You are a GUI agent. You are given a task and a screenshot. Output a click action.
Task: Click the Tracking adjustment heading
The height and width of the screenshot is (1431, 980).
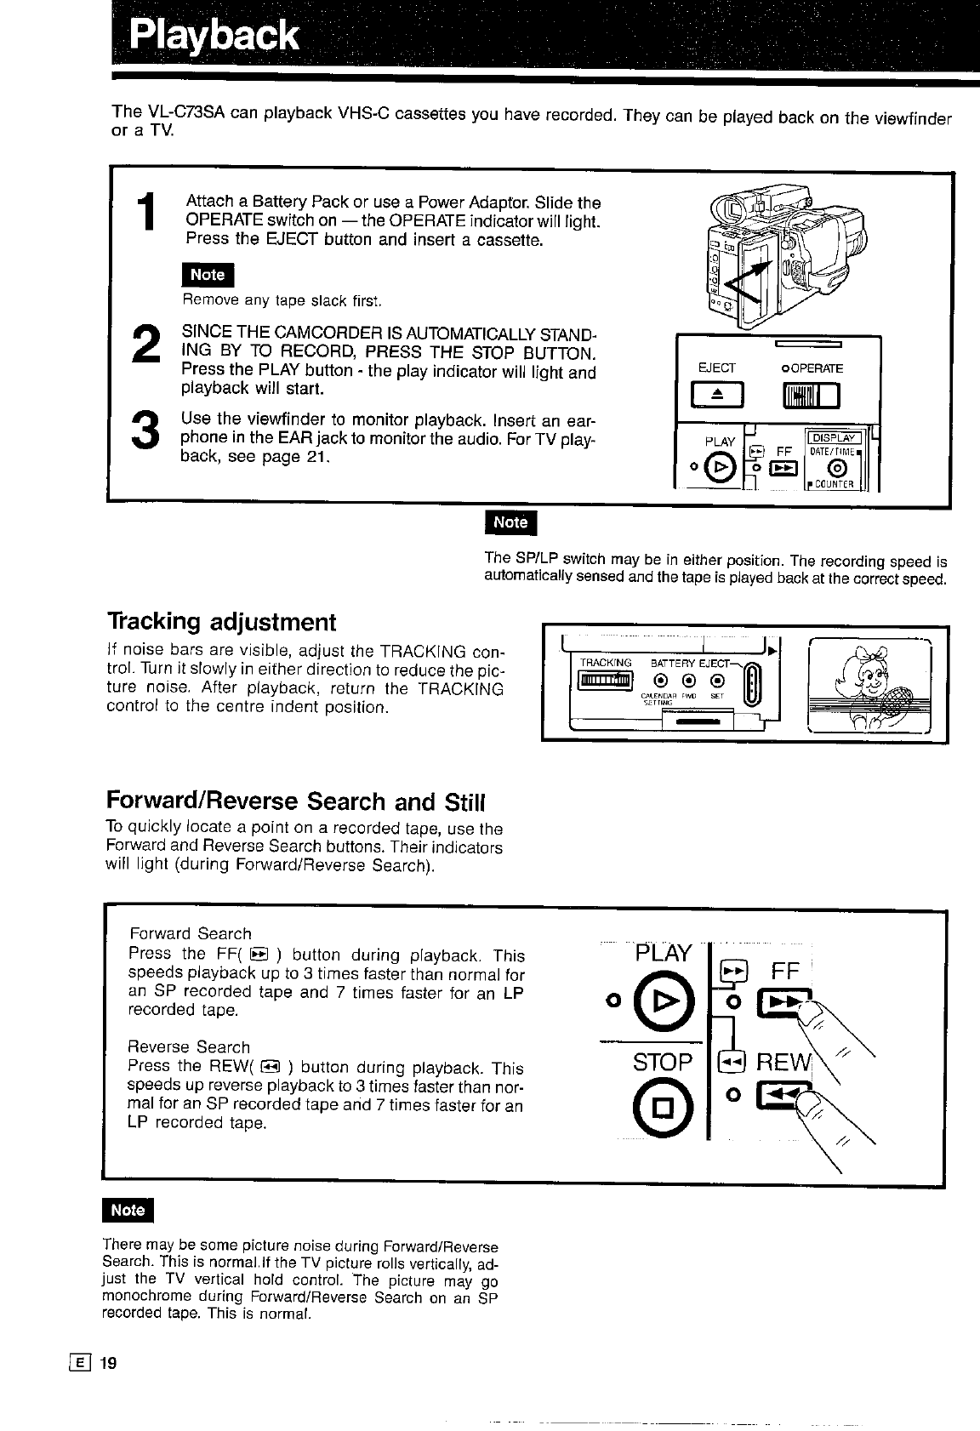coord(221,622)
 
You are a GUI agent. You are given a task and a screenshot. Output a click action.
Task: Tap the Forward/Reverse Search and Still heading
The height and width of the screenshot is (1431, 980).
coord(294,801)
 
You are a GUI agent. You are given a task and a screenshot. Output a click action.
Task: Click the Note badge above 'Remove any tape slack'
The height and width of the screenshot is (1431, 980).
coord(208,275)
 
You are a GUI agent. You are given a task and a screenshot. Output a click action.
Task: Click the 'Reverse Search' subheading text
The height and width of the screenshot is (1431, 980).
coord(189,1047)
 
